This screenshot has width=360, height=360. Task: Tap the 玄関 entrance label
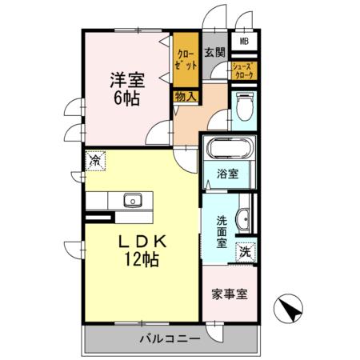coord(214,54)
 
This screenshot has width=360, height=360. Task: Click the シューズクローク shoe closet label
coord(243,70)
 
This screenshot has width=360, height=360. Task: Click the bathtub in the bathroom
coord(228,149)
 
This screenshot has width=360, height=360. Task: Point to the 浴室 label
coord(228,173)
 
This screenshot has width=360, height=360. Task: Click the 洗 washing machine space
coord(246,250)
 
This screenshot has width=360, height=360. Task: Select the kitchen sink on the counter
coord(132,200)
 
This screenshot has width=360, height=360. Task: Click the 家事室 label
coord(229,294)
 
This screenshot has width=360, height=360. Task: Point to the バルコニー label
coord(170,338)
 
